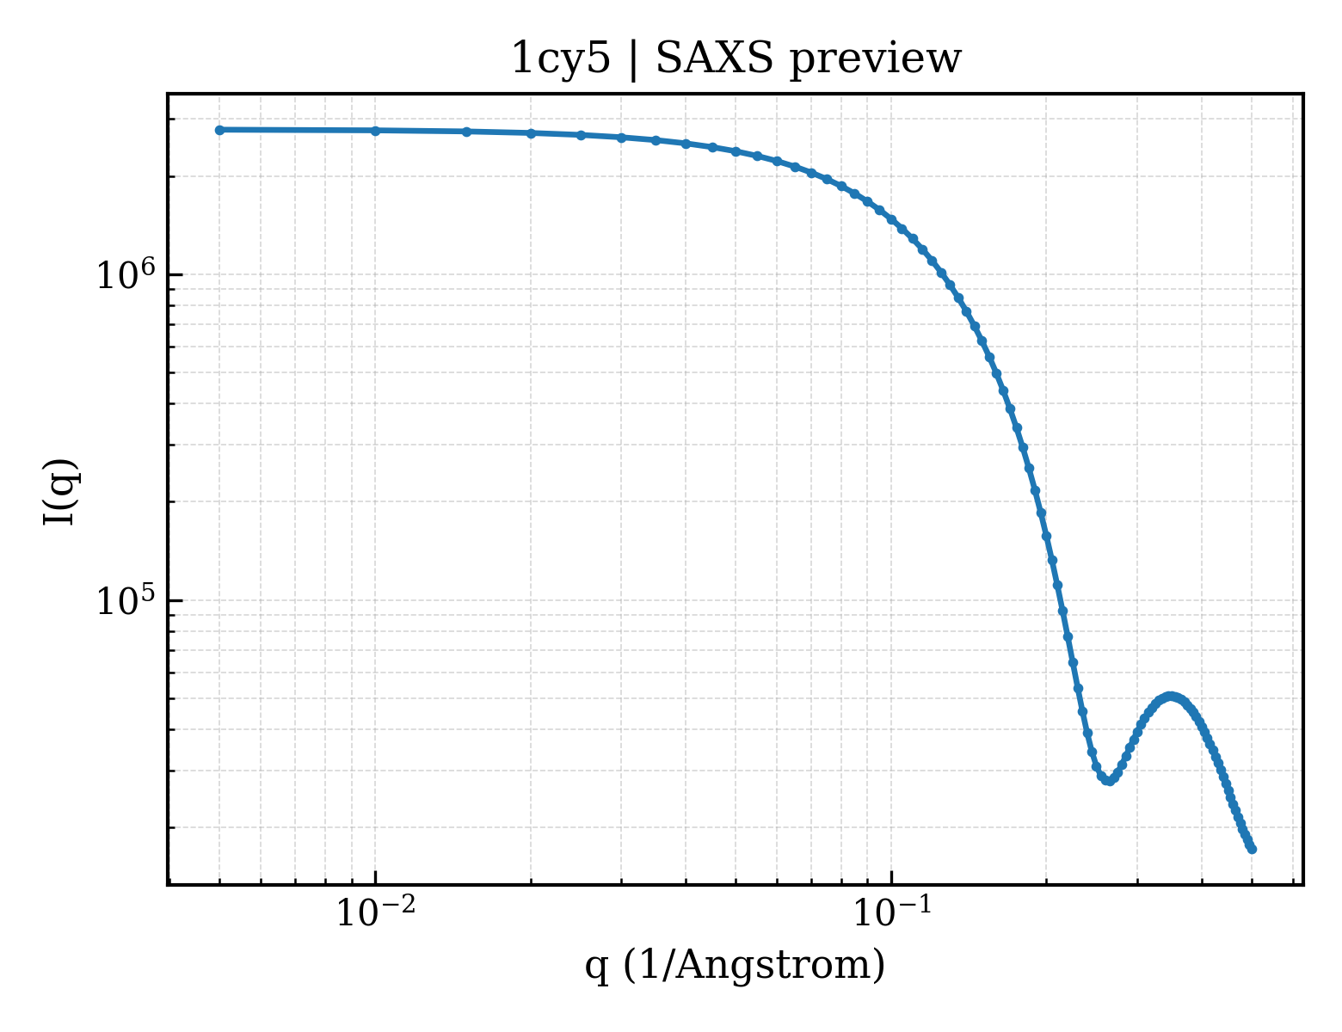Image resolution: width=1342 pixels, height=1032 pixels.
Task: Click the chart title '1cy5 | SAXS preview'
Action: (x=736, y=59)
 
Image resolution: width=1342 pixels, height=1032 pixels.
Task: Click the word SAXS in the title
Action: (x=714, y=59)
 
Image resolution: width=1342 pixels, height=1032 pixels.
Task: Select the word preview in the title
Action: (x=876, y=61)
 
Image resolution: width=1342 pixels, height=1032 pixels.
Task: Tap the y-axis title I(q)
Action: (x=60, y=491)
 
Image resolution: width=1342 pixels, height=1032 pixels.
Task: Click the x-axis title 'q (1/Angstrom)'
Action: (x=735, y=966)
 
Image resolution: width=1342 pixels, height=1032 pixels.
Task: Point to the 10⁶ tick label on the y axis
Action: (x=126, y=274)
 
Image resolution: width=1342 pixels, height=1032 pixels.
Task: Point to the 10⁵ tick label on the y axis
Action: (x=126, y=600)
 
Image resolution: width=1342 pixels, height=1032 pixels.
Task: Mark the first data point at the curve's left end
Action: (x=220, y=130)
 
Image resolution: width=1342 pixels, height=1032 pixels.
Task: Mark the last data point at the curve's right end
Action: (x=1252, y=850)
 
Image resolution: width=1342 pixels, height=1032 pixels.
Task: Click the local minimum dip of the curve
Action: (x=1110, y=782)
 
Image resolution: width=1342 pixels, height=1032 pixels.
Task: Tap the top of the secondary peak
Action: (x=1170, y=697)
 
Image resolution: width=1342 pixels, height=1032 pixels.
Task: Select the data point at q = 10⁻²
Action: (x=375, y=131)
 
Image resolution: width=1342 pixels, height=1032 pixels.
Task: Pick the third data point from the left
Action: (x=467, y=132)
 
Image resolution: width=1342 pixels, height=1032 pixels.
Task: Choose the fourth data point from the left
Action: (x=531, y=133)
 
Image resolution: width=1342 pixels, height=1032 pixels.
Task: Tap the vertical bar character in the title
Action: (x=633, y=60)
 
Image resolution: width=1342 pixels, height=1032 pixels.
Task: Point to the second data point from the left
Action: (x=375, y=131)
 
